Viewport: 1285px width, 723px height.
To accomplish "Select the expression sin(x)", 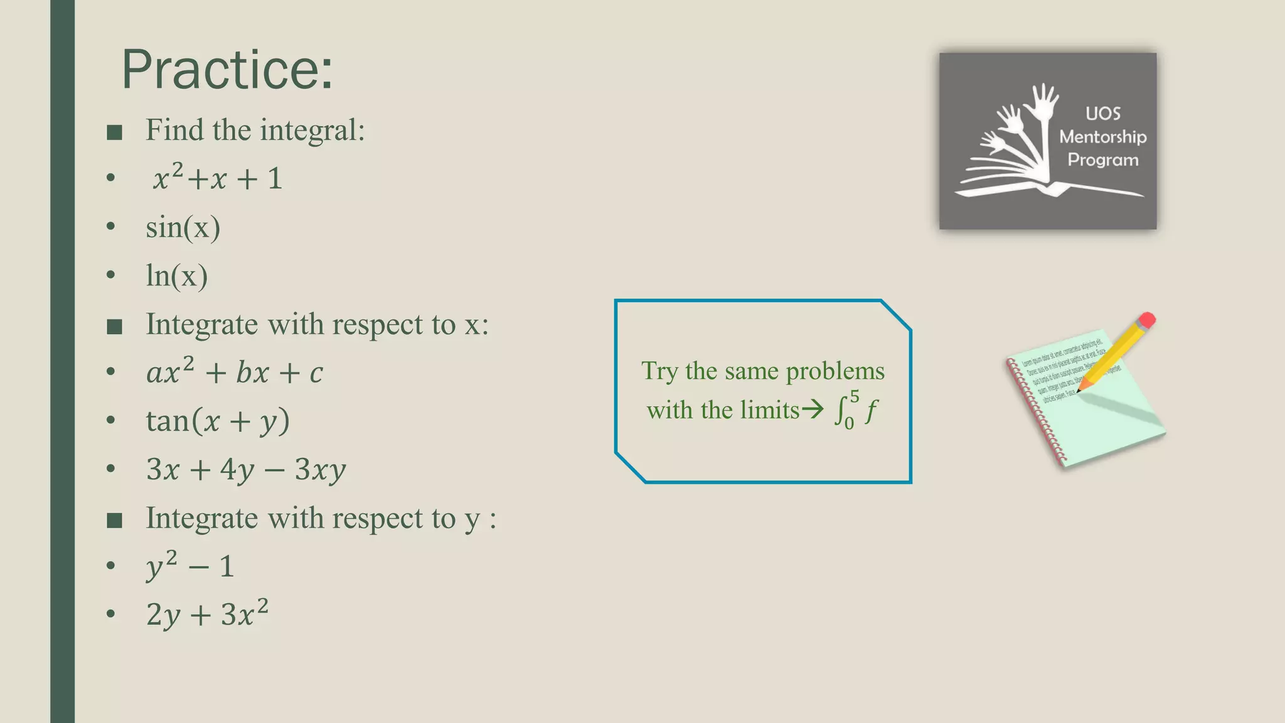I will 183,227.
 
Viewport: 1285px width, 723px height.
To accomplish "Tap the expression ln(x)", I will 176,276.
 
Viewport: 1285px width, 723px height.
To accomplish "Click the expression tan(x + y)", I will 218,420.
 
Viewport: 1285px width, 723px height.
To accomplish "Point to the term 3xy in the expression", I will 320,469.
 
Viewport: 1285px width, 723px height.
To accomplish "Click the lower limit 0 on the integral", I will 849,424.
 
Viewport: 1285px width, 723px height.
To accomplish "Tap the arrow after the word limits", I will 813,410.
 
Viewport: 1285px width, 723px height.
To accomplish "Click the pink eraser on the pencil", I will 1146,321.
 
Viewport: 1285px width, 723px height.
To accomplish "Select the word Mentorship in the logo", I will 1102,137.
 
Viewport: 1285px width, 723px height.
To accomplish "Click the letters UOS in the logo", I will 1102,114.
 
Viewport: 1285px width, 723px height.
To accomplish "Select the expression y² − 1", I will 190,566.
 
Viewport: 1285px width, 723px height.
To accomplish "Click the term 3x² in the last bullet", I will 245,614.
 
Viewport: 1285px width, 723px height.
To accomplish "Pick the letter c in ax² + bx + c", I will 316,373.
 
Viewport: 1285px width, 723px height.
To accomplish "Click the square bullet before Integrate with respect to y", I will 114,520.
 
